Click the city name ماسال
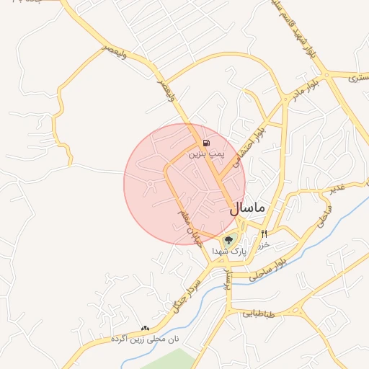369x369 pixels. [247, 208]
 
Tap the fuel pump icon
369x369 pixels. [207, 143]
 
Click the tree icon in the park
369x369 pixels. [229, 241]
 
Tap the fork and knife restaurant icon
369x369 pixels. [264, 234]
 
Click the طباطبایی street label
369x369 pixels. [258, 314]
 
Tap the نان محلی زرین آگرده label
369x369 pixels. [145, 339]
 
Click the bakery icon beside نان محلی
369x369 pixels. [146, 328]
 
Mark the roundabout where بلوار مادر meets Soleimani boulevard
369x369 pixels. [326, 74]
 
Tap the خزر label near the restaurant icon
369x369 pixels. [264, 245]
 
